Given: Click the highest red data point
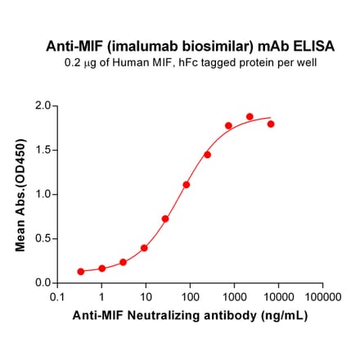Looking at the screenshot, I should point(250,117).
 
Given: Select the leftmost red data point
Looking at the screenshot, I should point(81,271).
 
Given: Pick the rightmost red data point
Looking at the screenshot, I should point(271,124).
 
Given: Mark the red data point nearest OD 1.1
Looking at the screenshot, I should point(187,185).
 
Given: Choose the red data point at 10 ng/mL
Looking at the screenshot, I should point(144,248).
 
